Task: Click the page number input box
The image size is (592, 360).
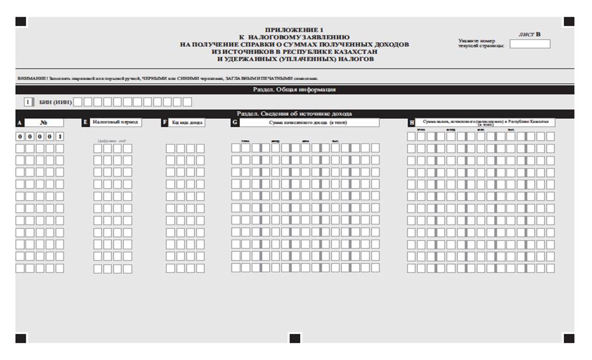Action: (529, 44)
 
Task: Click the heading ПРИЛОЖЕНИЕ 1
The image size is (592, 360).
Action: (295, 29)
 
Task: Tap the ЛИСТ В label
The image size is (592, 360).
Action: (529, 34)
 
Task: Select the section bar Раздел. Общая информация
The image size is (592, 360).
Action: (295, 89)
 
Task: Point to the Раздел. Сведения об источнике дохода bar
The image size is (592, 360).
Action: (295, 114)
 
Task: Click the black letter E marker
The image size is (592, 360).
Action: (85, 122)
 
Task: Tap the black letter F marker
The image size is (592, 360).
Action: (165, 122)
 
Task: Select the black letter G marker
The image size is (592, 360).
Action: (235, 122)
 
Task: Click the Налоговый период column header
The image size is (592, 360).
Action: (115, 122)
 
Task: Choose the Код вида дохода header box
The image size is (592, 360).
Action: (187, 122)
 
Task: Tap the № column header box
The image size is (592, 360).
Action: (44, 122)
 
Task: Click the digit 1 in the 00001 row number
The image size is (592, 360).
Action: (60, 136)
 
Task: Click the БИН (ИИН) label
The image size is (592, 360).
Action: (55, 102)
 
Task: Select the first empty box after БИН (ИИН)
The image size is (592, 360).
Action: (79, 102)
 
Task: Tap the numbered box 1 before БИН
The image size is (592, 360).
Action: (27, 102)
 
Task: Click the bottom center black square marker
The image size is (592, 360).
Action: (295, 338)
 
